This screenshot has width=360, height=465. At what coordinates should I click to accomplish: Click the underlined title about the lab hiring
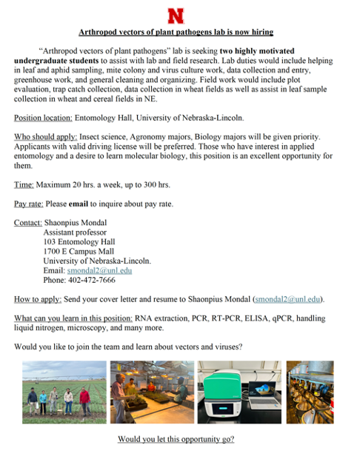click(176, 32)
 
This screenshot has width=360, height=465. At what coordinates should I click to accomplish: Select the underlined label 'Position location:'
click(43, 118)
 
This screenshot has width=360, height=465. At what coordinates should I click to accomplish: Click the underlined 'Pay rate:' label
click(31, 204)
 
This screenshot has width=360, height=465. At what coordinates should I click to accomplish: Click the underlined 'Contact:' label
click(28, 223)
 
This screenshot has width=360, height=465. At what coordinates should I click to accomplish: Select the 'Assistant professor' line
click(76, 232)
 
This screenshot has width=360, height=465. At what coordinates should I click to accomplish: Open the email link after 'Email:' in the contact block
click(99, 271)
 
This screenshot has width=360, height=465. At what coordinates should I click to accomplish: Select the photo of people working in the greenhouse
click(152, 392)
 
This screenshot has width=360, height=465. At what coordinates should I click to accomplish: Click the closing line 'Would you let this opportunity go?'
click(176, 439)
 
